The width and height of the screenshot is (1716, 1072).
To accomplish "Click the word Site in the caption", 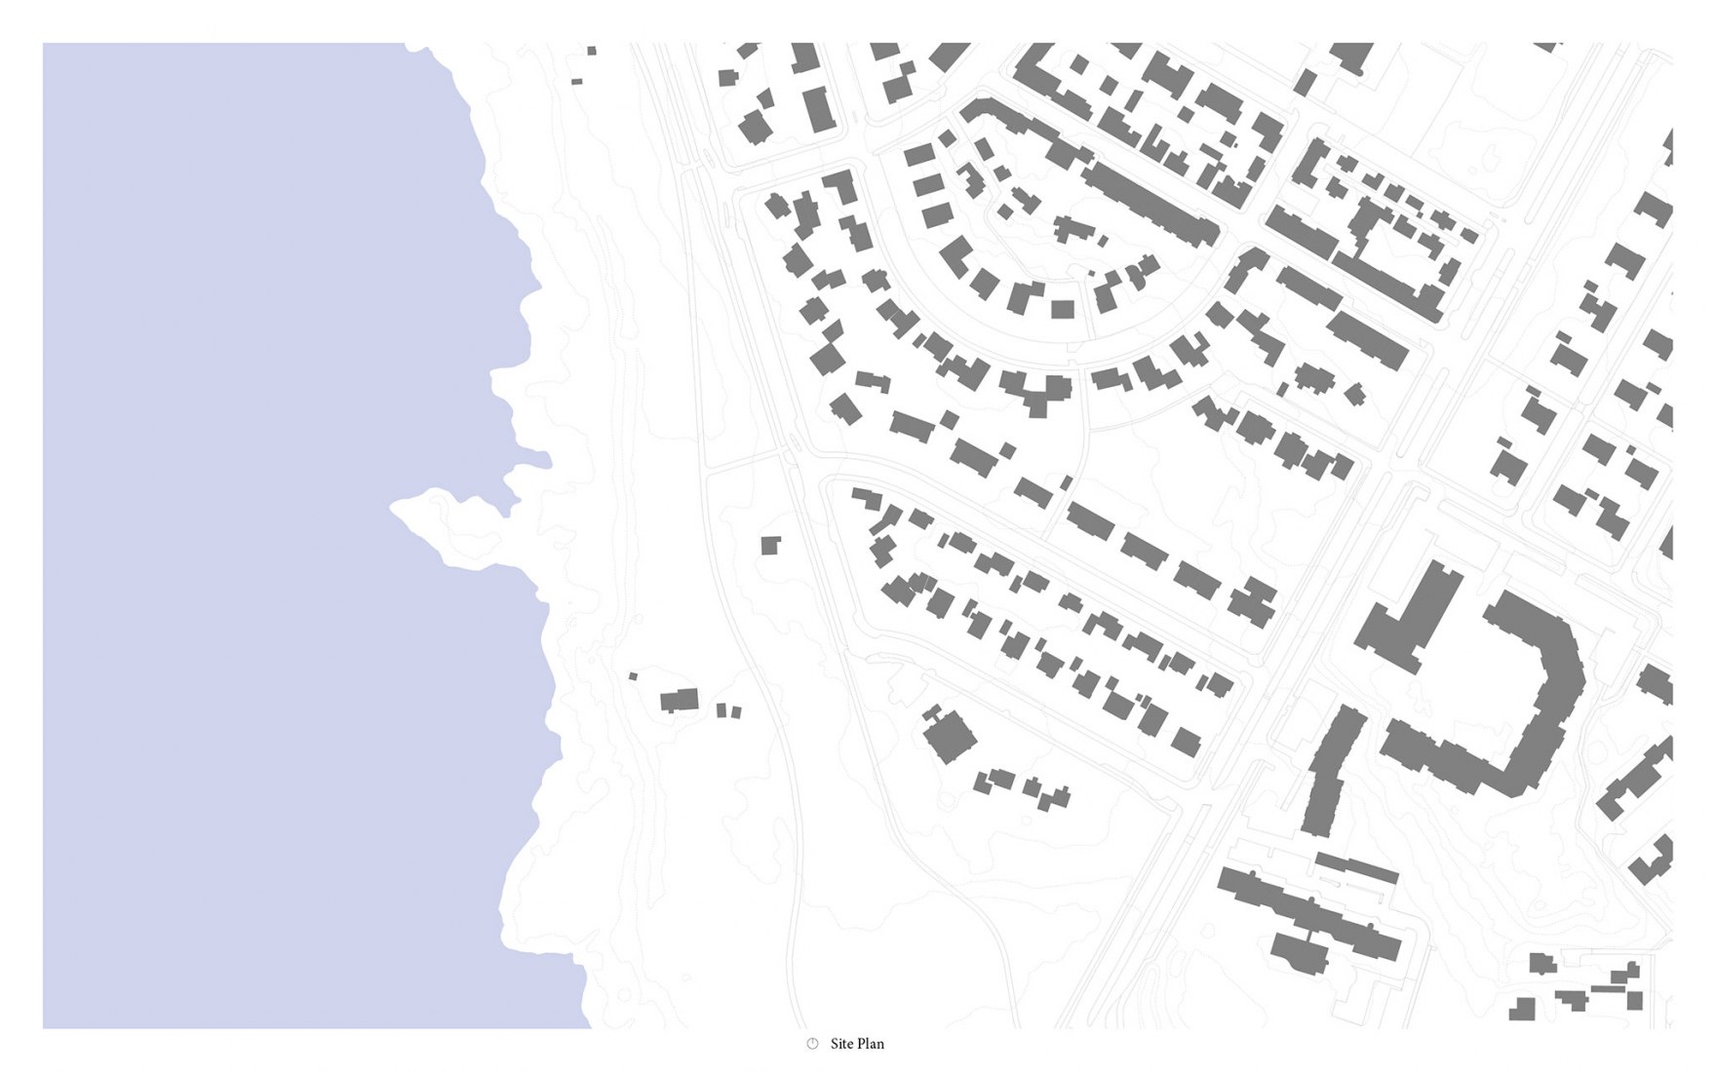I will click(841, 1044).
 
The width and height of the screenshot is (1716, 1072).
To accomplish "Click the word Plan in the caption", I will click(870, 1044).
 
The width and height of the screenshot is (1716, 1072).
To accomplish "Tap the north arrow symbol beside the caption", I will click(812, 1044).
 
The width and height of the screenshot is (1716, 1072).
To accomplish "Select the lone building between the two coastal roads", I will click(770, 545).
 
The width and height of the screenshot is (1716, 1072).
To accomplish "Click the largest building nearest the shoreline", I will click(680, 700).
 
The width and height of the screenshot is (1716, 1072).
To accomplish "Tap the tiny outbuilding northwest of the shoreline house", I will click(633, 675).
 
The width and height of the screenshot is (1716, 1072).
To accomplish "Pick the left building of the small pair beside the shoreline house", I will click(721, 710).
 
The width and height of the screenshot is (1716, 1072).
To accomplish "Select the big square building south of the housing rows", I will click(949, 736).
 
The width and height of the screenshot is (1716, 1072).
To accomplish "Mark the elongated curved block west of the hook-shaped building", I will click(1331, 770).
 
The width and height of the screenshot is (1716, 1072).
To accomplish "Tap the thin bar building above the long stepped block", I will click(1357, 866).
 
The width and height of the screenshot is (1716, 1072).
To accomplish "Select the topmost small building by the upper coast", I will click(591, 51).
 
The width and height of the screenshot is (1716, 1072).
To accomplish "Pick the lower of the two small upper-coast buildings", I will click(576, 82).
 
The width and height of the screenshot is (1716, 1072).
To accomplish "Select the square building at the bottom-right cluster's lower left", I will click(1522, 1009).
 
